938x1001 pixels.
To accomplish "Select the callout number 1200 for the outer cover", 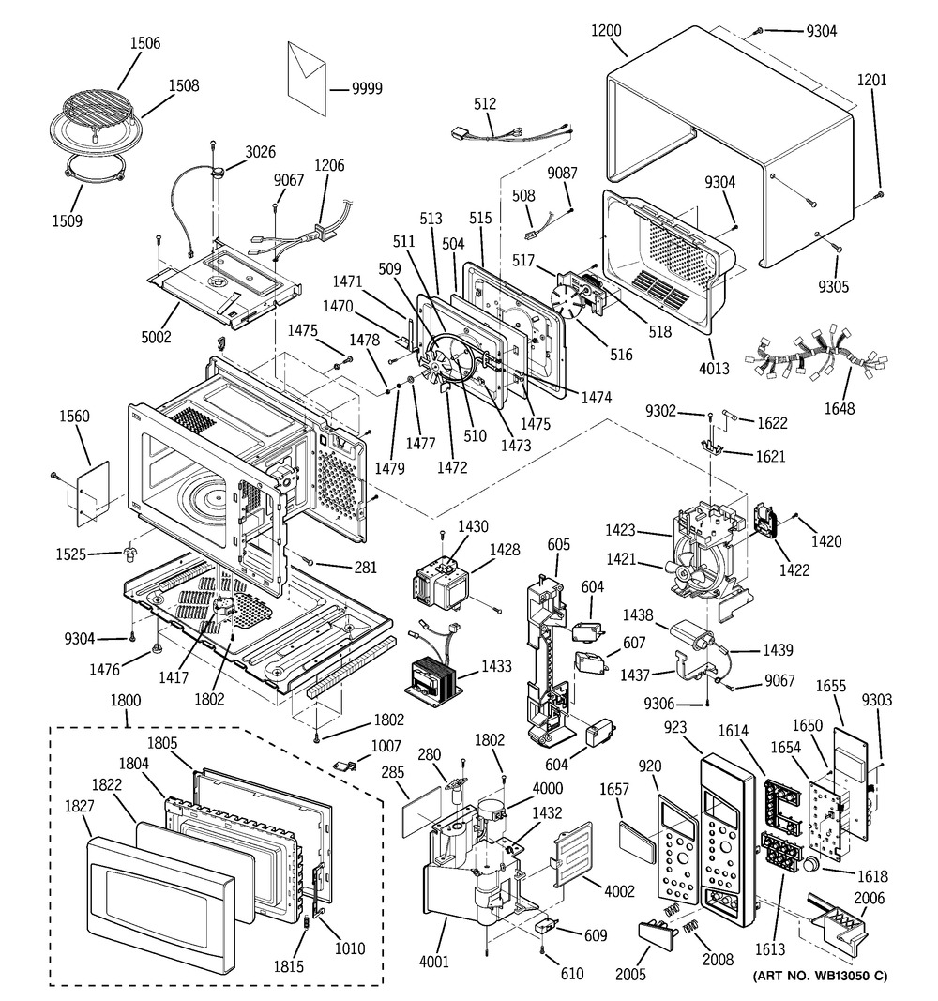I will pyautogui.click(x=606, y=30).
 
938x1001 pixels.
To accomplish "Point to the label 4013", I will pyautogui.click(x=714, y=368).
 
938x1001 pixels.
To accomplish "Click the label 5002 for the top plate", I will pyautogui.click(x=156, y=336).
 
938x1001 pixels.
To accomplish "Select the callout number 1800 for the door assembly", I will pyautogui.click(x=126, y=699).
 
